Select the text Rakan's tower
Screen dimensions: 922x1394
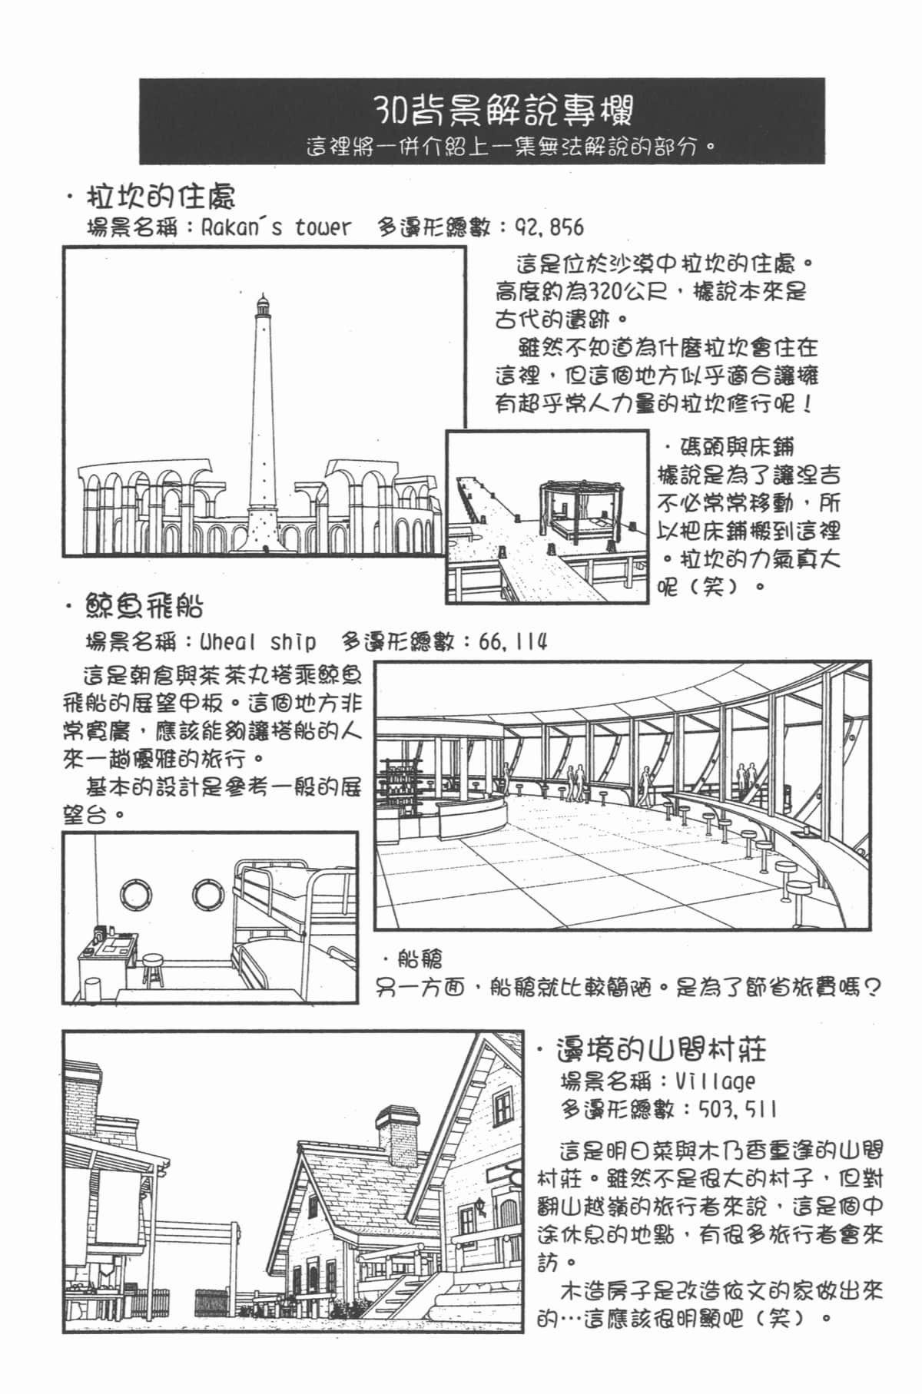tap(275, 227)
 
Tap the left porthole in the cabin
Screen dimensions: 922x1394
tap(136, 893)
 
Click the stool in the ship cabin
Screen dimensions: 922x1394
tap(154, 971)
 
